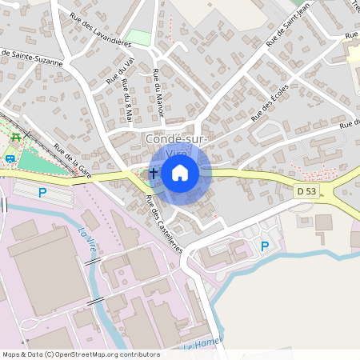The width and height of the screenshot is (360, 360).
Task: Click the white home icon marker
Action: point(180,172)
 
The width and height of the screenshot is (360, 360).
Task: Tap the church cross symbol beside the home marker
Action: point(154,173)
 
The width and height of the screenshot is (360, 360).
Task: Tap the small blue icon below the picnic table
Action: point(10,158)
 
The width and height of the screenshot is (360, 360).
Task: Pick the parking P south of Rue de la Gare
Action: point(42,193)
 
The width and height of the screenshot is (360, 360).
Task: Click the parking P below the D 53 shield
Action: point(264,246)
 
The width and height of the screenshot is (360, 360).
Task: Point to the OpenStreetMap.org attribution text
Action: point(94,354)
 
